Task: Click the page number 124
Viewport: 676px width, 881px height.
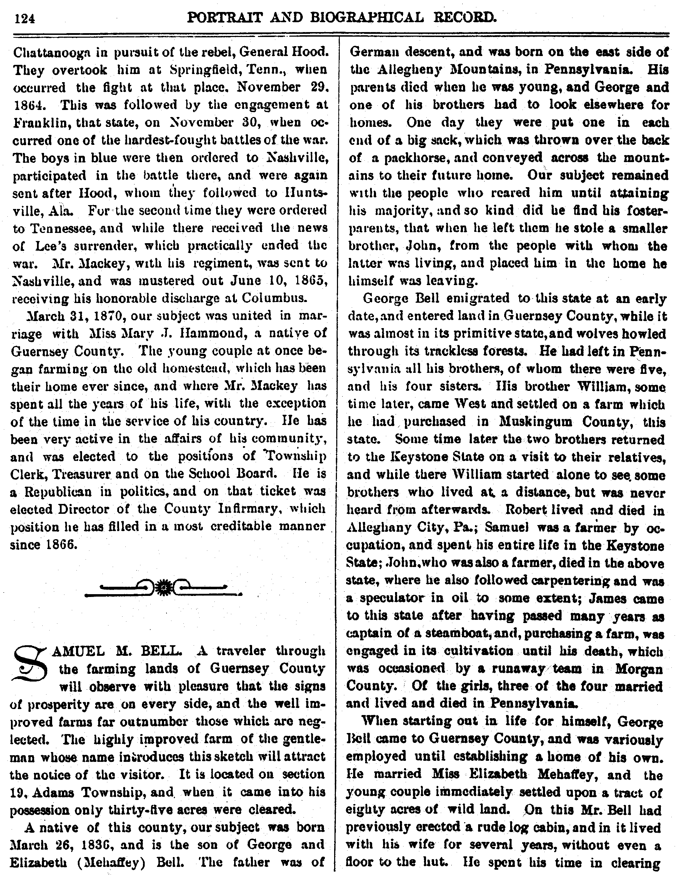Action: [x=25, y=18]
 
